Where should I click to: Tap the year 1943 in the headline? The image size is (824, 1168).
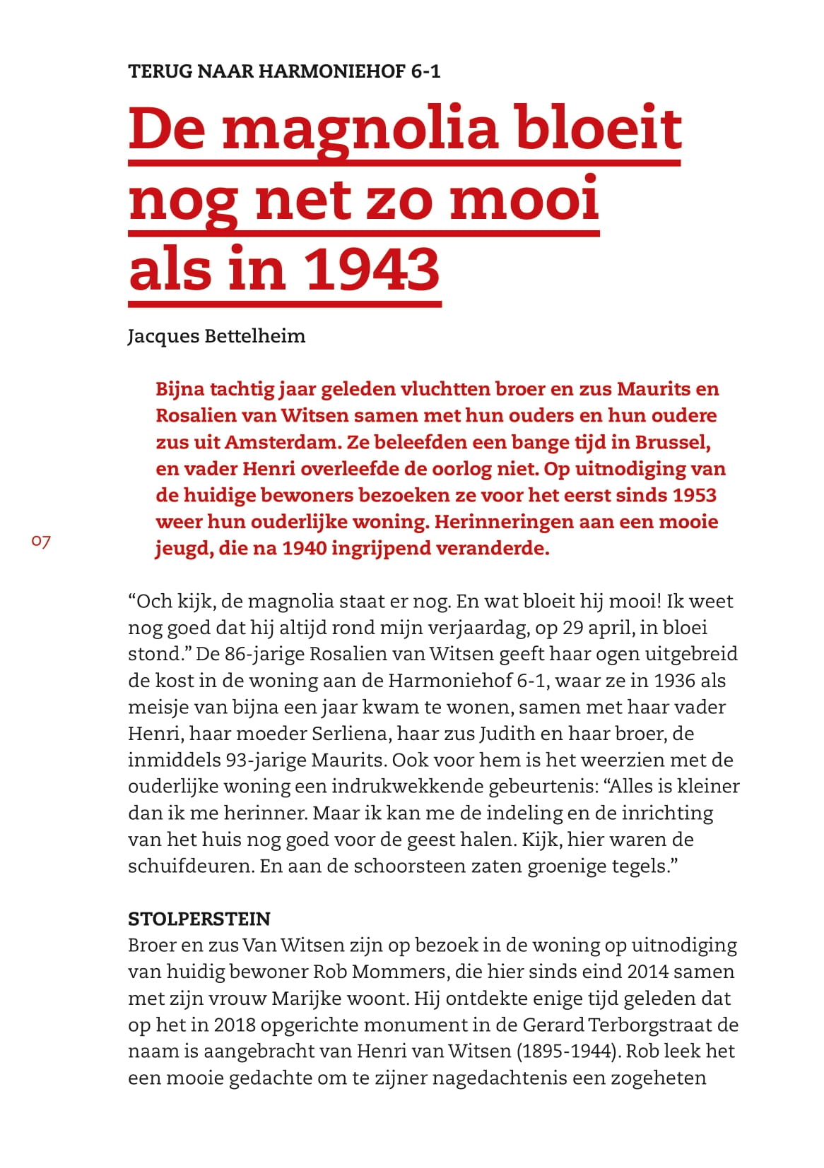(x=372, y=270)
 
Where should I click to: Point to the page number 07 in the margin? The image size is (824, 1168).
(x=41, y=542)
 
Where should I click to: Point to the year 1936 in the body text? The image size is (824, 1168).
(x=676, y=681)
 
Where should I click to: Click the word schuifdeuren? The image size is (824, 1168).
(x=191, y=866)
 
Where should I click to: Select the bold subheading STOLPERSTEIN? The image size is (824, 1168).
(x=199, y=919)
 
